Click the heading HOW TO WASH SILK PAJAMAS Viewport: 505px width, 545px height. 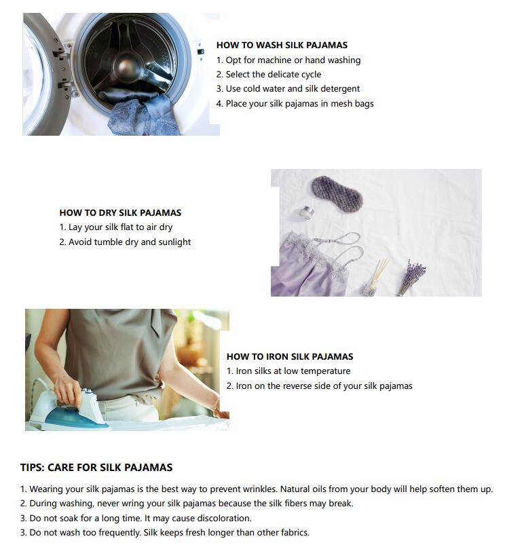click(x=282, y=45)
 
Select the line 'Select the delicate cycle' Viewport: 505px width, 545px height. click(x=269, y=74)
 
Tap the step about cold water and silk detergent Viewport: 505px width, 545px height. click(x=288, y=89)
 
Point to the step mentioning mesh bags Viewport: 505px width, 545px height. click(x=295, y=104)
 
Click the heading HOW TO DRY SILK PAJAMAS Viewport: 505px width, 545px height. click(x=120, y=212)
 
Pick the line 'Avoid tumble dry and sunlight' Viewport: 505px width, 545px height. click(x=125, y=242)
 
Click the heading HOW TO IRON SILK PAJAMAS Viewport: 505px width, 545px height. click(x=290, y=356)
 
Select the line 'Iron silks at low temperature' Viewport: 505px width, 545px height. click(x=288, y=371)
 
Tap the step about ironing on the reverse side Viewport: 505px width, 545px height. click(x=319, y=386)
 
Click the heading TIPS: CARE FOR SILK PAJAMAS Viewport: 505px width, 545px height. click(x=96, y=468)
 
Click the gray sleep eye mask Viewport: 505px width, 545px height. click(x=337, y=191)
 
